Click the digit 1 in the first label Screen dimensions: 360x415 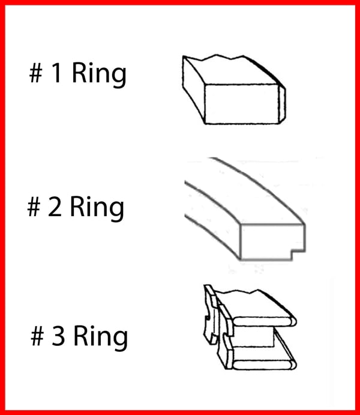(x=57, y=73)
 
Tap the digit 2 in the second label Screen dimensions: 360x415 (x=55, y=207)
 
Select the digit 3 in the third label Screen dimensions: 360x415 (x=58, y=336)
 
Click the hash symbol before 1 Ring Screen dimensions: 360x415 (x=35, y=73)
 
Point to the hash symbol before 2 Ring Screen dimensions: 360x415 (x=34, y=207)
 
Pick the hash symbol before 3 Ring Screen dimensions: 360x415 (x=37, y=336)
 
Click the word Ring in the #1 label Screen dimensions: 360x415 (x=99, y=74)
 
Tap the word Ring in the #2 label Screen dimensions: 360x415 (x=97, y=208)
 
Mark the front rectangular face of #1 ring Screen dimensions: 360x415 (x=242, y=104)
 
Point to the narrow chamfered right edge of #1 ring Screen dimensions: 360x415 (x=282, y=105)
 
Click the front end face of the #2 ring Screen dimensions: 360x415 (x=272, y=241)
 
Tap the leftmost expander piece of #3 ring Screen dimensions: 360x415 (x=211, y=315)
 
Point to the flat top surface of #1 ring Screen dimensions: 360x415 (x=233, y=71)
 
